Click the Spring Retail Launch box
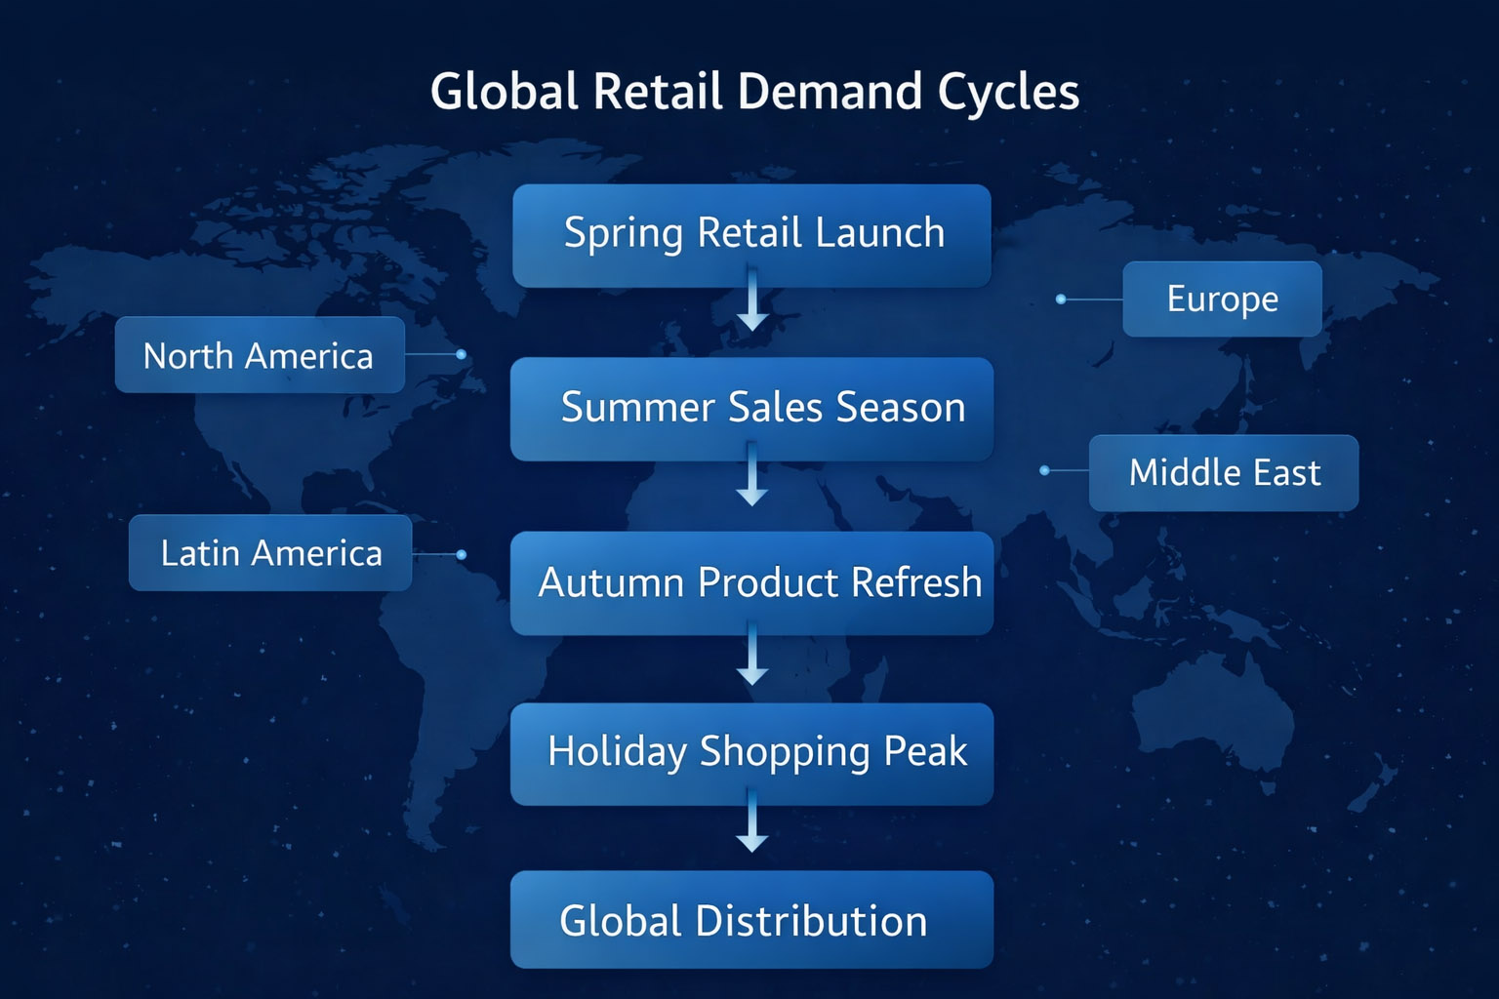click(x=751, y=235)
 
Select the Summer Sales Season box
click(x=751, y=409)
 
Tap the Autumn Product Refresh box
click(x=751, y=583)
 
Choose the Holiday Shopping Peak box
click(x=751, y=753)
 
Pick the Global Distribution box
click(x=751, y=920)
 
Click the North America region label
click(x=260, y=355)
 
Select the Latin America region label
click(x=270, y=553)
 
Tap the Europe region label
click(x=1222, y=299)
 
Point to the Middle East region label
click(x=1223, y=473)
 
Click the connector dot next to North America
click(x=461, y=354)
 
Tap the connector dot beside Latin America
click(x=461, y=554)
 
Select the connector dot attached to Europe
click(x=1061, y=299)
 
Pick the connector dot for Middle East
click(x=1044, y=470)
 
